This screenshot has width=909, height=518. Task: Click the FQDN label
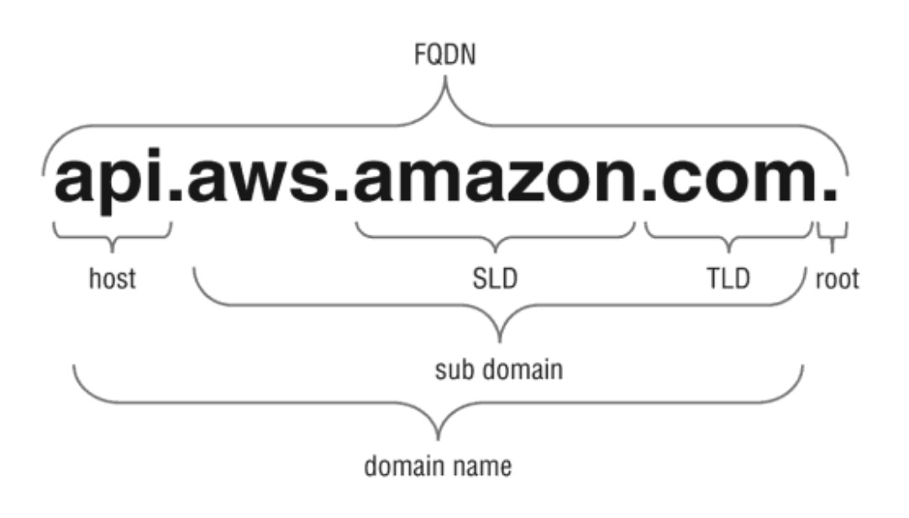coord(444,55)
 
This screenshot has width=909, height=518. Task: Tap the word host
coord(113,278)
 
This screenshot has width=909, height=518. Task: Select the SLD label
coord(495,278)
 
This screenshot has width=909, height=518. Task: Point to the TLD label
coord(728,278)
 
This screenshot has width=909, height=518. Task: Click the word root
coord(837,279)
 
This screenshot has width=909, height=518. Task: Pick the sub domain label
coord(498,369)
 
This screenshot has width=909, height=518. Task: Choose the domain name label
coord(438,467)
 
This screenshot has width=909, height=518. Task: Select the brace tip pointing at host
coord(112,251)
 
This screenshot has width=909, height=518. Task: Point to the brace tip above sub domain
coord(500,341)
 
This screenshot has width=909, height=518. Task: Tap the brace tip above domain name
coord(438,438)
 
